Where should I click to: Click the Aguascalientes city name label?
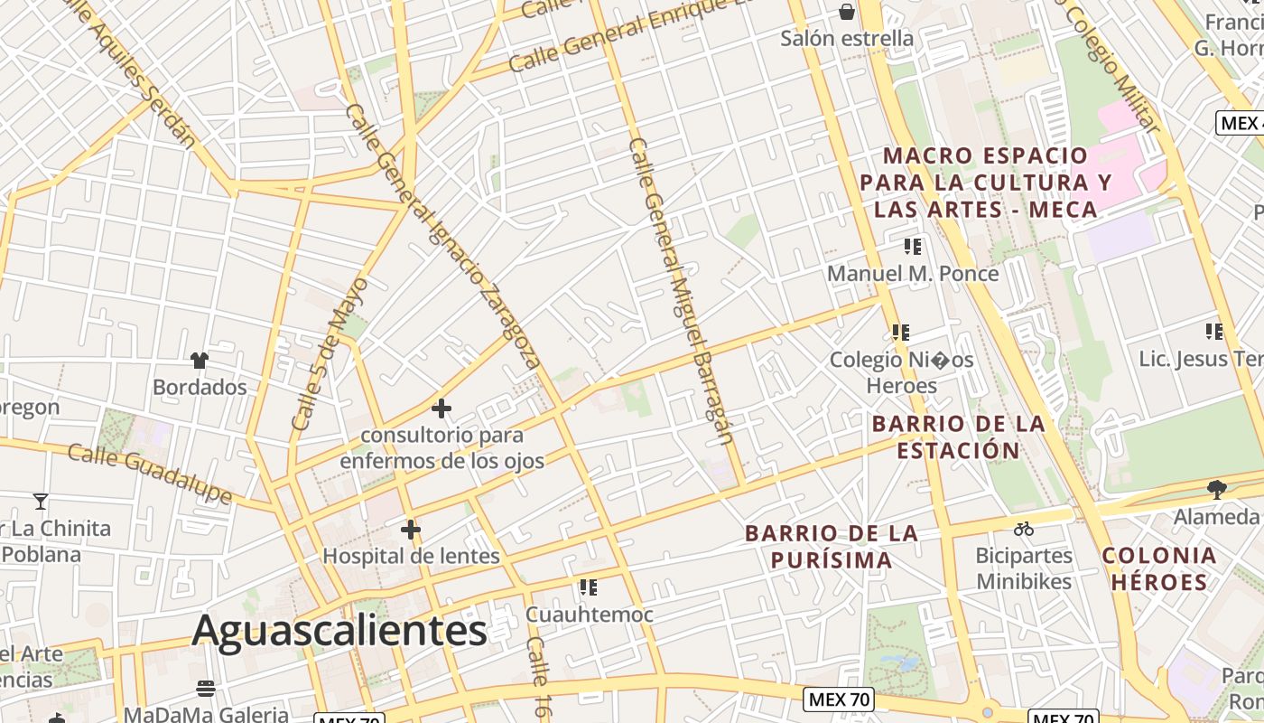click(x=339, y=630)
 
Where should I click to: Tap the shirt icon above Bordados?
click(x=200, y=361)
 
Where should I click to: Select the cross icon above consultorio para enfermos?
click(x=441, y=408)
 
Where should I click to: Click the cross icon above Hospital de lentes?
click(x=411, y=530)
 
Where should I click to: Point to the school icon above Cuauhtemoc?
click(x=589, y=587)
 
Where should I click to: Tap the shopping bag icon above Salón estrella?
click(x=847, y=12)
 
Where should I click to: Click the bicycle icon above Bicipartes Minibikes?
click(x=1023, y=529)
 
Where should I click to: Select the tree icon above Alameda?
click(x=1216, y=490)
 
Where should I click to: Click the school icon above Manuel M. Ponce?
click(x=913, y=246)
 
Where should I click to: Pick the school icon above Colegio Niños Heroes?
click(x=900, y=333)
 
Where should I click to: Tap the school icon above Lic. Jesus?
click(x=1214, y=332)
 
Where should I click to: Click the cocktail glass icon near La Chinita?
click(x=41, y=501)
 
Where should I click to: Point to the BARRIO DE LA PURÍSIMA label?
click(x=832, y=547)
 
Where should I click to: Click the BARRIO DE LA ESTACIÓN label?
click(x=958, y=437)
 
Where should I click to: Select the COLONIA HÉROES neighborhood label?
click(x=1159, y=568)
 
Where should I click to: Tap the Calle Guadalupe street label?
click(x=150, y=473)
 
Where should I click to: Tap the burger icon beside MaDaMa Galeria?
click(x=206, y=689)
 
